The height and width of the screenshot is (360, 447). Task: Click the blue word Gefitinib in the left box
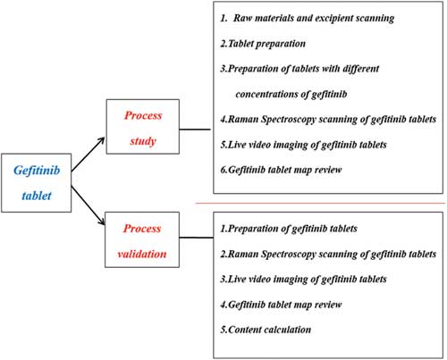[x=37, y=172]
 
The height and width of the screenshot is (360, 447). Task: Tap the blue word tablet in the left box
[x=37, y=196]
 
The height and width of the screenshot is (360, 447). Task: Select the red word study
[x=143, y=141]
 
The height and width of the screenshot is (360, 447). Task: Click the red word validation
[x=142, y=254]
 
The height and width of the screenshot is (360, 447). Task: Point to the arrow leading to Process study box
[x=88, y=155]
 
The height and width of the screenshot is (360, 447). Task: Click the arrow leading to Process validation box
[x=89, y=205]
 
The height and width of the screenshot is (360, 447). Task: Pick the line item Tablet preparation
[x=263, y=44]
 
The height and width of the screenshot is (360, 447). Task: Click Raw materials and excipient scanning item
[x=308, y=19]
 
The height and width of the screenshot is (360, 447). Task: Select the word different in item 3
[x=361, y=69]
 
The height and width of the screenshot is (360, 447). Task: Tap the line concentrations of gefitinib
[x=291, y=95]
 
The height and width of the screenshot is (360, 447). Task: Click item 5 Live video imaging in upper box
[x=303, y=145]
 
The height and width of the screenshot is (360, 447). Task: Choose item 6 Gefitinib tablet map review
[x=281, y=170]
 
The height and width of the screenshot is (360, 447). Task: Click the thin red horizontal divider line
[x=320, y=204]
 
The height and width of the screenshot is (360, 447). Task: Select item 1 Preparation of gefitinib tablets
[x=289, y=229]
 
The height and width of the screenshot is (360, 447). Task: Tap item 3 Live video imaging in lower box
[x=303, y=280]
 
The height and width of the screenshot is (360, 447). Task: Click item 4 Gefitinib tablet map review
[x=281, y=305]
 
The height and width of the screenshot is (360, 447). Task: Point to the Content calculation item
[x=266, y=330]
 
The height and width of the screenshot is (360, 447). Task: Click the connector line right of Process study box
[x=195, y=130]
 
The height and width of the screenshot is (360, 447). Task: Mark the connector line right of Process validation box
[x=197, y=238]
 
